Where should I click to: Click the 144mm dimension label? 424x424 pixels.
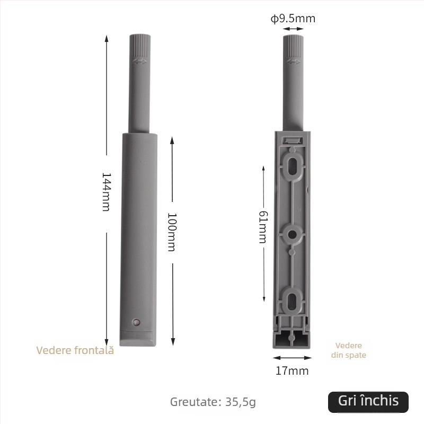(x=105, y=192)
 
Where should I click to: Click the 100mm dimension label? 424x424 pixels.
(x=171, y=232)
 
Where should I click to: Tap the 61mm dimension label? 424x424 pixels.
(x=262, y=227)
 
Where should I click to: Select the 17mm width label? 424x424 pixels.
(x=291, y=371)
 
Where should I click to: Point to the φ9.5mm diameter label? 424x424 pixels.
(x=293, y=19)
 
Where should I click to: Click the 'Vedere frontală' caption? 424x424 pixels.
(x=75, y=350)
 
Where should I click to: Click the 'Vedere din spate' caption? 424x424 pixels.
(x=349, y=350)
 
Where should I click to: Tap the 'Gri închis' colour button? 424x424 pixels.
(x=368, y=401)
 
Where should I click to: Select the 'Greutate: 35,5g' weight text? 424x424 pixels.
(x=213, y=402)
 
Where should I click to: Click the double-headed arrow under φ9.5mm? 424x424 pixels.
(x=293, y=29)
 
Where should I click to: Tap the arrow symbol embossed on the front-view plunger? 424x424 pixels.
(x=140, y=62)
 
